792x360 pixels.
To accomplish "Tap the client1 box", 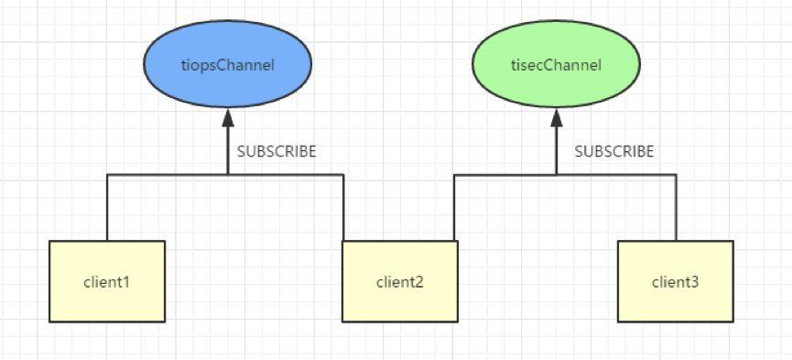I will coord(107,281).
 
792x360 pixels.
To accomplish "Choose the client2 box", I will coord(399,281).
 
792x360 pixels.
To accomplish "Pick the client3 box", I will coord(675,281).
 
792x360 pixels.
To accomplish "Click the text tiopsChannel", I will coord(228,64).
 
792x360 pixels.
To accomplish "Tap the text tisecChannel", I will coord(556,64).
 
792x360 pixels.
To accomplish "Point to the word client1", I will coord(107,281).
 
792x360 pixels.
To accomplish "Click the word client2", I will coord(399,281).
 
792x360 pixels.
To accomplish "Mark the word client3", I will coord(675,281).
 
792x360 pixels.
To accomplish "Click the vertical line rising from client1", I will coord(107,209).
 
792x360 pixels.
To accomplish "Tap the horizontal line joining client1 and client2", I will coord(165,174).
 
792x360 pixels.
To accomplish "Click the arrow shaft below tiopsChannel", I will coord(228,151).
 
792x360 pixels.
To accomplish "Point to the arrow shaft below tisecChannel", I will coord(556,151).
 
